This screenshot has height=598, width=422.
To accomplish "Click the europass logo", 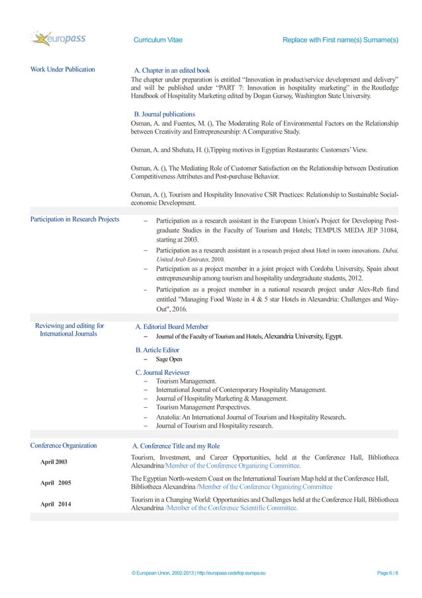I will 60,39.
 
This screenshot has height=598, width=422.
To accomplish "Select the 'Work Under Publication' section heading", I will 63,70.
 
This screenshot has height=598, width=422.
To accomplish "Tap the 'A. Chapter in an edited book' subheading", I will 172,70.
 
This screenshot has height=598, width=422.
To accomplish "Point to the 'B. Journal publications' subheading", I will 165,114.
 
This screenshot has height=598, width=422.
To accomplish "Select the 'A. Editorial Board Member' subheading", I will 171,326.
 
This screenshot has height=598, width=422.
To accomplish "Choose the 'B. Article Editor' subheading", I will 157,350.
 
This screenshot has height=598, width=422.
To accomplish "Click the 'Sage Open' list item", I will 169,359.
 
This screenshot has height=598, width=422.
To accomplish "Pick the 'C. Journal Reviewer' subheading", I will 163,372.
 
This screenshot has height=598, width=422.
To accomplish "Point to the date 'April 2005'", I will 56,483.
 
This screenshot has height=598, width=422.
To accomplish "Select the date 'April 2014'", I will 56,505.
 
